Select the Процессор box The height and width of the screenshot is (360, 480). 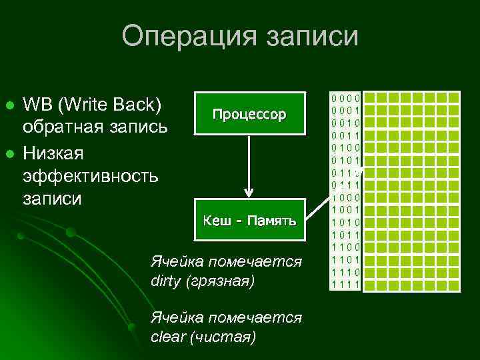[x=249, y=114]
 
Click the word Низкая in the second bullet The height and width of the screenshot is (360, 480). [x=51, y=153]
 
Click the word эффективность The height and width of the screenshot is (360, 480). [x=90, y=176]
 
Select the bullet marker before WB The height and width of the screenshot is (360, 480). [x=9, y=106]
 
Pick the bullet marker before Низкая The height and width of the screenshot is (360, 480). [x=9, y=155]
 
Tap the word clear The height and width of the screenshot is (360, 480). [x=168, y=337]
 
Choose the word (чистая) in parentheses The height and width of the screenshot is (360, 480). [x=223, y=337]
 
